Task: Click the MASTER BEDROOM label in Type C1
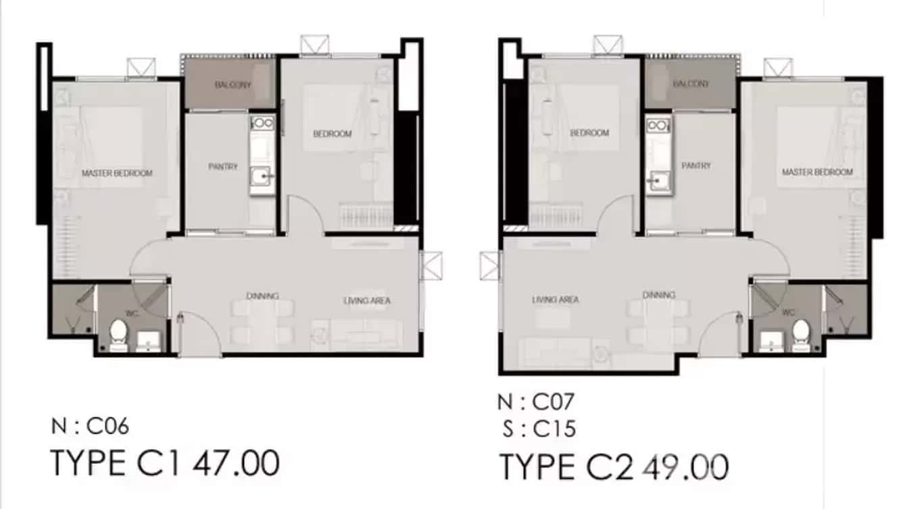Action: (x=117, y=173)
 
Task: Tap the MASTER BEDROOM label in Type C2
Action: (x=817, y=172)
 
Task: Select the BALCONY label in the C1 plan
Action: (x=233, y=85)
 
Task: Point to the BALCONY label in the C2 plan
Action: (x=691, y=84)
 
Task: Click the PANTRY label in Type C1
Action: (x=223, y=166)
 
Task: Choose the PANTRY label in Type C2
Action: (x=695, y=165)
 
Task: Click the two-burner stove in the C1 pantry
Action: (x=261, y=124)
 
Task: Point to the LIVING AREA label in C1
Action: (x=367, y=300)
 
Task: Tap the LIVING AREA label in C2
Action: (x=555, y=300)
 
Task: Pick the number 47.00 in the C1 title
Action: (x=237, y=464)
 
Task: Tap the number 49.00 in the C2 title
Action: (x=685, y=466)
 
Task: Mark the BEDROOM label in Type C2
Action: (x=590, y=133)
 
